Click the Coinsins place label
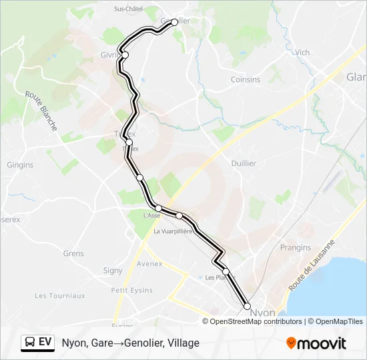(246, 79)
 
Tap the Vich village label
(302, 53)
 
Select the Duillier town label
(243, 163)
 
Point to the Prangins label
(296, 247)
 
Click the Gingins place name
(20, 165)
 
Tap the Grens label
(73, 253)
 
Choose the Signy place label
(113, 271)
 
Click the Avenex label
(149, 263)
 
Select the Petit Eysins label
(132, 290)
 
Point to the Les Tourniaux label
(60, 295)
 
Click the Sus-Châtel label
(129, 9)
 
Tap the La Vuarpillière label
(173, 231)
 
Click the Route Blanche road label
(41, 110)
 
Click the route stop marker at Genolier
(175, 22)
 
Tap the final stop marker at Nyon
(248, 306)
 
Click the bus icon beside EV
(30, 343)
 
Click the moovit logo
(316, 343)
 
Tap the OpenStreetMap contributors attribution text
(256, 321)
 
